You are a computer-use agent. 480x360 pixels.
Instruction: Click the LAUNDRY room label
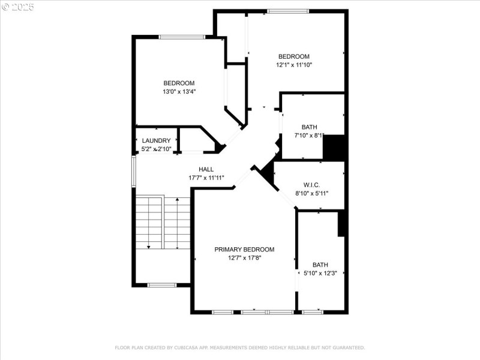point(156,140)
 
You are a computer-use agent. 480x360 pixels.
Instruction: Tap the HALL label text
point(206,169)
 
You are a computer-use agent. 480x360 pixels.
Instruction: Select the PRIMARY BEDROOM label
point(244,249)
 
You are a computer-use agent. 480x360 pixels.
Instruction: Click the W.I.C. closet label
point(311,185)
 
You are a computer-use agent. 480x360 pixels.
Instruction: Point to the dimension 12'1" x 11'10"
point(293,65)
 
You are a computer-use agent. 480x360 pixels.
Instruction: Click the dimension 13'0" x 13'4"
point(179,92)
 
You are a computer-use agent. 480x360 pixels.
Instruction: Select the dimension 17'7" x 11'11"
point(206,178)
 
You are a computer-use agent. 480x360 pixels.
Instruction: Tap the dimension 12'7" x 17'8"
point(244,257)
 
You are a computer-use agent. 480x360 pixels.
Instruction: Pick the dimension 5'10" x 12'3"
point(320,273)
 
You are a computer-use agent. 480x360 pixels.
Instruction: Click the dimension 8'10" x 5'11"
point(311,193)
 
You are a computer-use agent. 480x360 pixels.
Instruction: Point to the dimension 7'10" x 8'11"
point(309,136)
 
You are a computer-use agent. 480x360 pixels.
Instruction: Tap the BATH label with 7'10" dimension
point(309,127)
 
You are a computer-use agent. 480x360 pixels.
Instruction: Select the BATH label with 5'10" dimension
point(320,265)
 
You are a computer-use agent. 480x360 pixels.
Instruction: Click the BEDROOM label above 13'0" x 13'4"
point(179,83)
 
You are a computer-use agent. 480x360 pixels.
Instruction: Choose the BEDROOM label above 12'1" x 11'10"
point(293,56)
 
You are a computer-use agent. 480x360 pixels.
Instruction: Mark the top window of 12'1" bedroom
point(288,11)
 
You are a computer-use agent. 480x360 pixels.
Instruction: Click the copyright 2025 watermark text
point(18,7)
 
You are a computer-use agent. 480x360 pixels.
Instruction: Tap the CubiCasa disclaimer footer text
point(239,347)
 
